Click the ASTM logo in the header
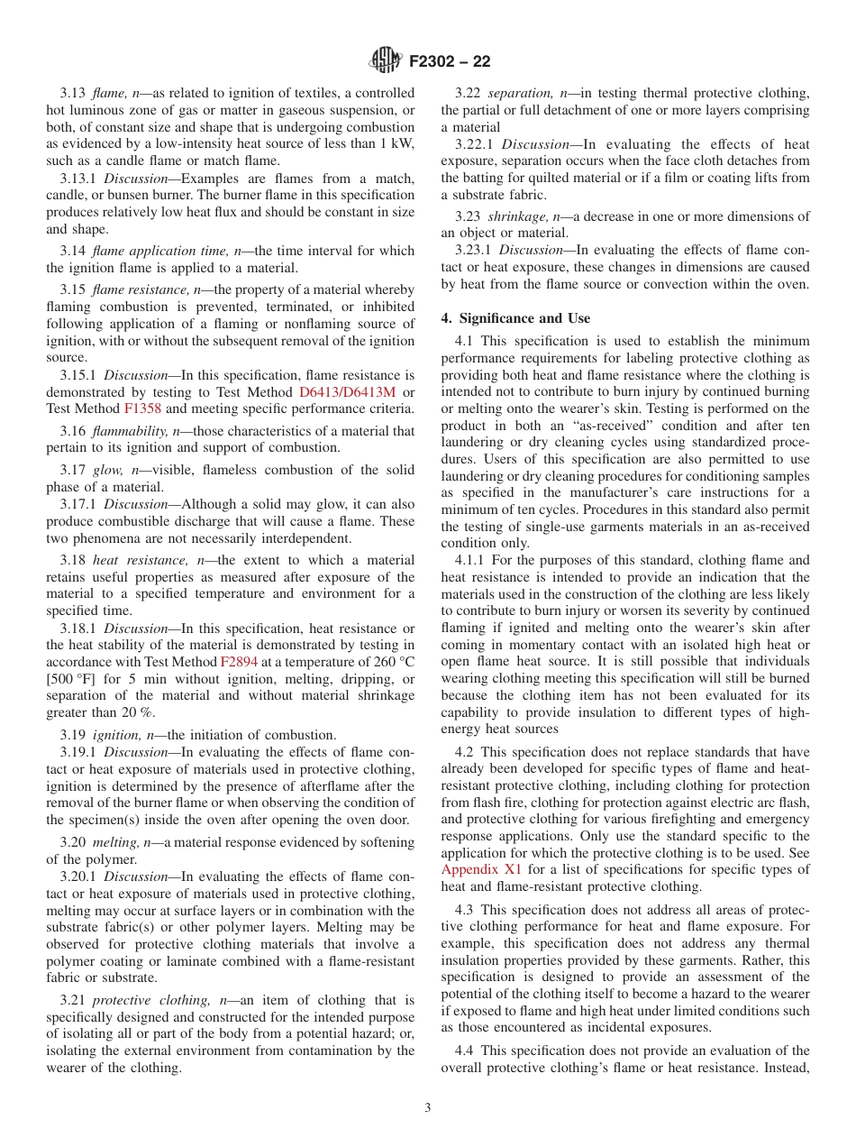click(385, 61)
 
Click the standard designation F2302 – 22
click(450, 62)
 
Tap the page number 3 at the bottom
click(428, 1107)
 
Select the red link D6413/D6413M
click(342, 391)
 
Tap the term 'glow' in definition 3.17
click(107, 470)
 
